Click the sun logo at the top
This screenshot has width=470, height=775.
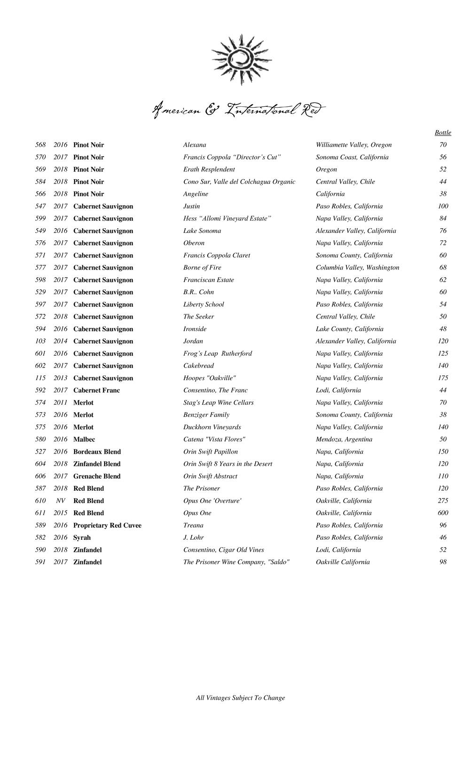pos(241,59)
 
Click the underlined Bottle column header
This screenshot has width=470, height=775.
pos(443,133)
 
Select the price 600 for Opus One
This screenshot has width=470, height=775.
pos(443,513)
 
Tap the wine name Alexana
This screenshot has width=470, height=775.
pos(195,145)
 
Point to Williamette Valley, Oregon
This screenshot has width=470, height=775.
pos(353,145)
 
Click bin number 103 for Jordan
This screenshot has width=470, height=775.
pos(40,341)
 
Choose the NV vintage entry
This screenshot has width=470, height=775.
pos(61,501)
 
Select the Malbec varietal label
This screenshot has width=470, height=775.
pos(84,439)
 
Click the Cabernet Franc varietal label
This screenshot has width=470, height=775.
pos(96,390)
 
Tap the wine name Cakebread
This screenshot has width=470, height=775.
pos(198,366)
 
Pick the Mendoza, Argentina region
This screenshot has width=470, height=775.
pos(344,439)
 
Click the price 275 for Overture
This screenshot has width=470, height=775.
pos(443,501)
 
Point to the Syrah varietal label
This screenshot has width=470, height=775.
pos(82,537)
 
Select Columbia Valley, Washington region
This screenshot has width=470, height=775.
pos(358,267)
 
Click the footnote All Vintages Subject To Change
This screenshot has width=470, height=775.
pos(240,698)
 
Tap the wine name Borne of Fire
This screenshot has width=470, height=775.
pos(202,267)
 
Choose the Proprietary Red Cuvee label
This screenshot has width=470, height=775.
pos(107,525)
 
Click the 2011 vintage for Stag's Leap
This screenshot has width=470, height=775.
pos(61,402)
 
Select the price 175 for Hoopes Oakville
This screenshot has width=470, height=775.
pos(443,378)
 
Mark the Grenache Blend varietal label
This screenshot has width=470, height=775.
pos(97,476)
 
